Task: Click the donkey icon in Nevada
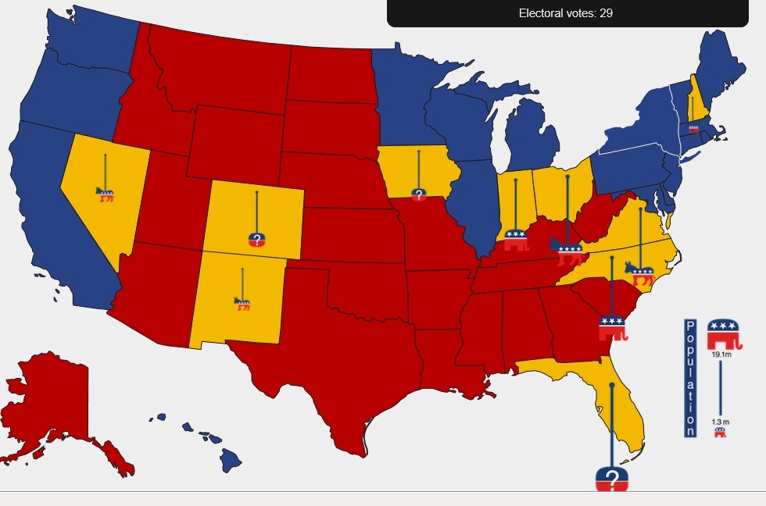[105, 194]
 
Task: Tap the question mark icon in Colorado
[257, 239]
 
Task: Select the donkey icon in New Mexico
[242, 303]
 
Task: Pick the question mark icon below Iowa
[418, 194]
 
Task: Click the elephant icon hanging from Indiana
[515, 240]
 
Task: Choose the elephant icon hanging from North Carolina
[613, 327]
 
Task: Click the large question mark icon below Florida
[612, 479]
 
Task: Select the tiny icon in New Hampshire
[693, 129]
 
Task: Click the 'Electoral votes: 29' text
[566, 13]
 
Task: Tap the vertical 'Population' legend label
[690, 378]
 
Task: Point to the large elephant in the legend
[723, 334]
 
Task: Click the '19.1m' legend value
[721, 355]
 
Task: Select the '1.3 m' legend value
[720, 422]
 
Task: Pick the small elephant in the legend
[720, 432]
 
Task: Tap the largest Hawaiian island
[230, 460]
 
